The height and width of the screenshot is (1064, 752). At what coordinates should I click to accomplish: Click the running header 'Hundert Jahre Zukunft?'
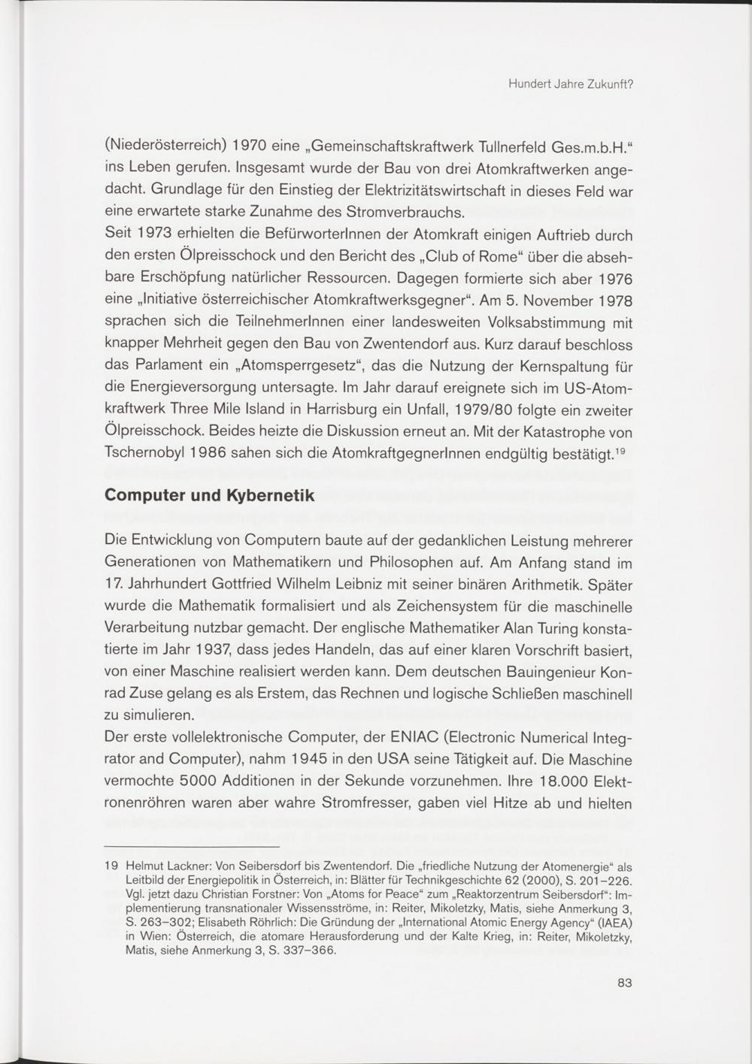point(570,84)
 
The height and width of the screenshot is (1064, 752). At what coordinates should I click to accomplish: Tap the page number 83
point(624,981)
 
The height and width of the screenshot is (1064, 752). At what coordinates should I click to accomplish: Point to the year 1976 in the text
point(614,280)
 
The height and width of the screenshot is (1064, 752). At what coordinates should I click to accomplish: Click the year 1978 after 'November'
point(614,301)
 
